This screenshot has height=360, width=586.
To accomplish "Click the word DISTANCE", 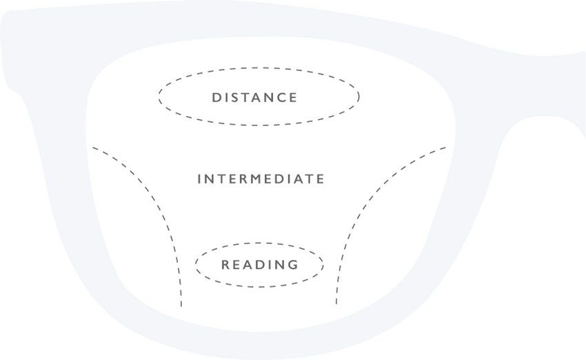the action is pos(254,97).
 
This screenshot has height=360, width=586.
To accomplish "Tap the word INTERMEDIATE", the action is pos(261,179).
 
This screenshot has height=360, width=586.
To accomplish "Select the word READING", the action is pos(260,265).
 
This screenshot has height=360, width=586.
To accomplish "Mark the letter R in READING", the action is pos(225,265).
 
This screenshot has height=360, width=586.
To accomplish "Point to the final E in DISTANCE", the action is pos(294,97).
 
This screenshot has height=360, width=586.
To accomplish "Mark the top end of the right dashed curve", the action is pos(446,148).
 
